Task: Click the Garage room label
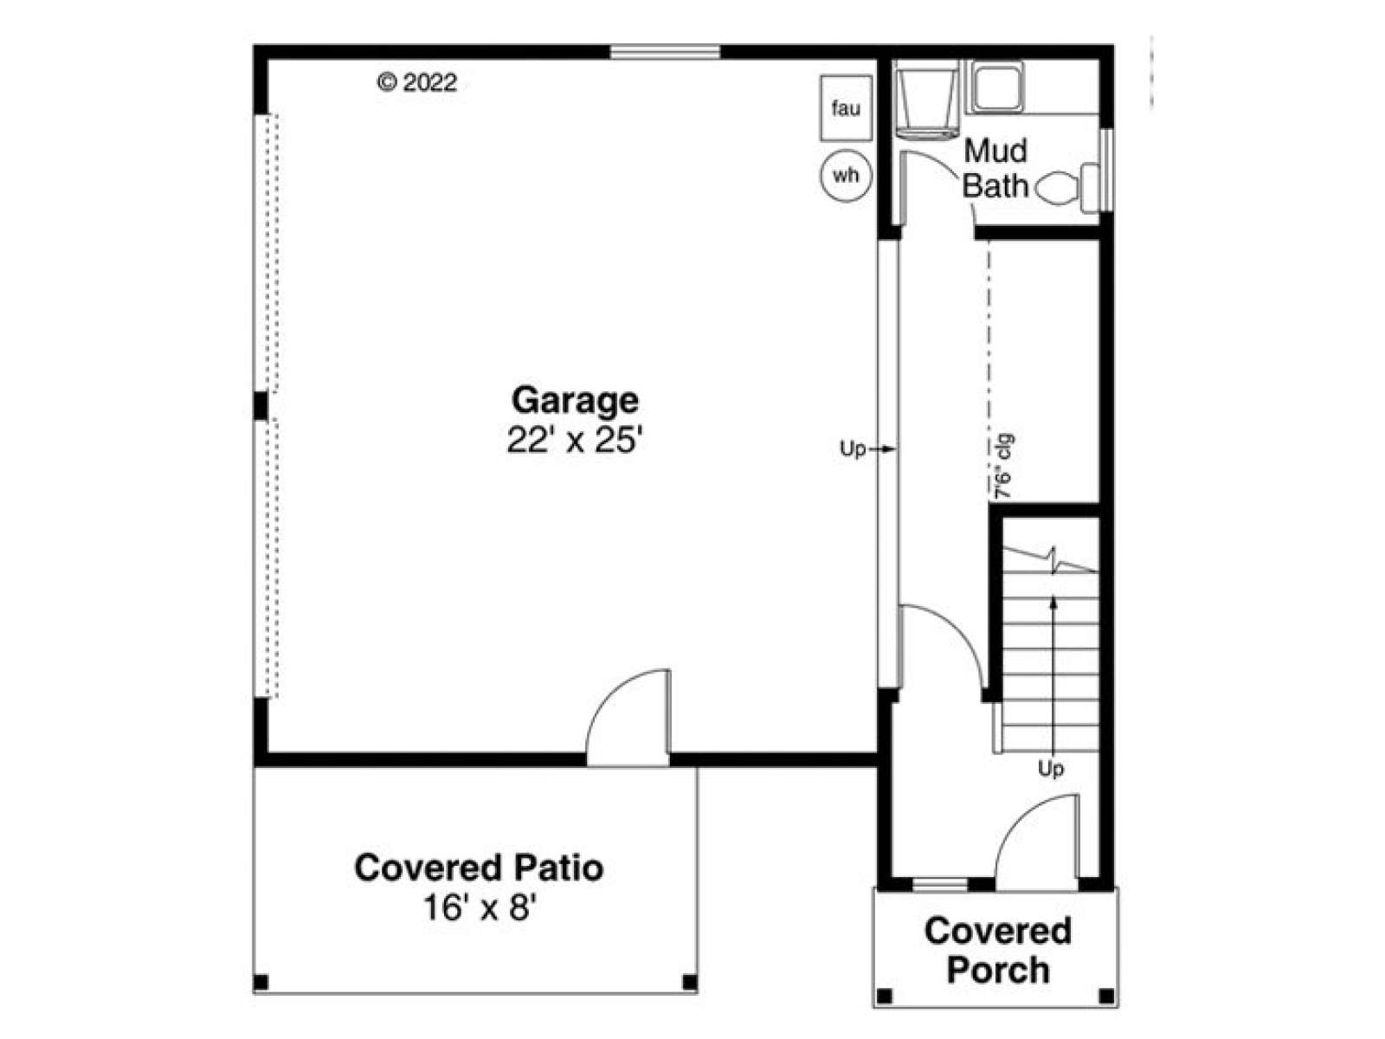574,400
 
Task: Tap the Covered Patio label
479,868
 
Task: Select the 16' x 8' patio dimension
480,908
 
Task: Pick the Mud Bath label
995,169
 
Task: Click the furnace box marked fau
846,108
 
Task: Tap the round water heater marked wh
846,175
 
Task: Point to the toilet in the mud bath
1067,187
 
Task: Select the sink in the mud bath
997,87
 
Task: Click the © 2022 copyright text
417,82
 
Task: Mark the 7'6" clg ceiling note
1002,467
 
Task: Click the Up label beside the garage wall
853,449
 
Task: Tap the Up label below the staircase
1051,768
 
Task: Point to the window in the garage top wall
665,52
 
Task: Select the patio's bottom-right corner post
690,982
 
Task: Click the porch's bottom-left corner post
885,996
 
